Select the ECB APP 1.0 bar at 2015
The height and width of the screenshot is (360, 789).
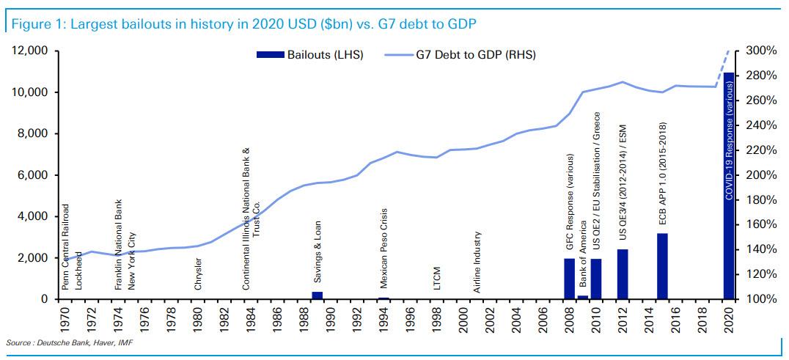point(662,266)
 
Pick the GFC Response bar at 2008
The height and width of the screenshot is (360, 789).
point(569,279)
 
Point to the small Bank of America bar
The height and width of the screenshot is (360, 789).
point(582,297)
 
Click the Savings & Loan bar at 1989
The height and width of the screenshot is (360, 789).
point(318,295)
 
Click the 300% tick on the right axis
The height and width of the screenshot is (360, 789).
point(762,51)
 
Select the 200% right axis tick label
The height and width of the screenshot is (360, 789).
point(762,175)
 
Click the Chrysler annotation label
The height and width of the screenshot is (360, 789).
point(198,276)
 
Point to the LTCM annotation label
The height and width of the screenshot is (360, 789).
point(436,281)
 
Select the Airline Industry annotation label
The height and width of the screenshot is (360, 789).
point(477,262)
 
